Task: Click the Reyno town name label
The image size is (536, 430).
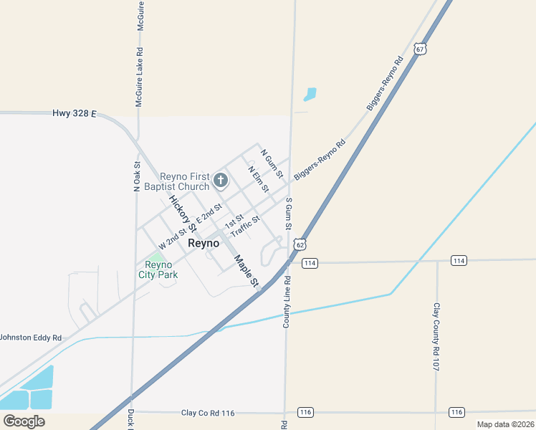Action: point(204,243)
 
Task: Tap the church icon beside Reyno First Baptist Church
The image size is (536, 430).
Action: point(221,181)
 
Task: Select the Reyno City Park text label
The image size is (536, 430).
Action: point(158,269)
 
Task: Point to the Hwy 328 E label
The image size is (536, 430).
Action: point(74,113)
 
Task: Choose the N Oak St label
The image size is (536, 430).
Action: point(137,176)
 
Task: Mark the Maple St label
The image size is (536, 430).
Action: point(245,270)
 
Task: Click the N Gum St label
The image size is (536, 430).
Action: point(272,163)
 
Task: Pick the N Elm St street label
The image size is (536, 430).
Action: point(258,179)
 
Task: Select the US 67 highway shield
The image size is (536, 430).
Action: point(420,49)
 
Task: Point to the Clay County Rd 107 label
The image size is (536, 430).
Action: point(436,336)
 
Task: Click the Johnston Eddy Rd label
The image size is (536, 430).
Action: point(31,337)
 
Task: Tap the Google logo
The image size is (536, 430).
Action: point(24,421)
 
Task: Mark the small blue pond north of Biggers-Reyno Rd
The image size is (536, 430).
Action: point(310,94)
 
